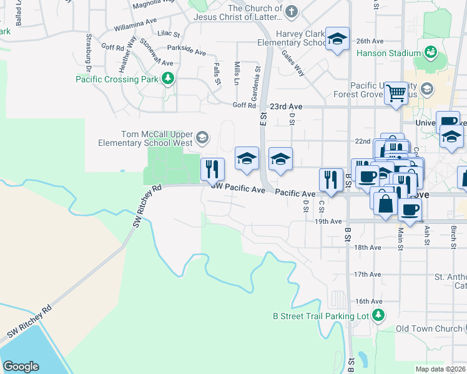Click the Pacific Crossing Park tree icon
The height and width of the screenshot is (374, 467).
tap(167, 79)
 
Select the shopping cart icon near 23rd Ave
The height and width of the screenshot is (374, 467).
tap(396, 94)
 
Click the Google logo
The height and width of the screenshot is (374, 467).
tap(21, 366)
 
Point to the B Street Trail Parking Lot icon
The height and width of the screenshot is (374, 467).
tap(378, 315)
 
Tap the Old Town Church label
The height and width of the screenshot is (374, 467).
tap(430, 328)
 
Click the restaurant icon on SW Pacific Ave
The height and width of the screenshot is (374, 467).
tap(212, 169)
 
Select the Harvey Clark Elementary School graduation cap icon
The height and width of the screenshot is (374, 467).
tap(337, 41)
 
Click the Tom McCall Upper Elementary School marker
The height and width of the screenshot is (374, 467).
tap(202, 137)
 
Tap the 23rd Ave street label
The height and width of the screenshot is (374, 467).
tap(288, 107)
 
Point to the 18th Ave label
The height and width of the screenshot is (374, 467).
tap(368, 247)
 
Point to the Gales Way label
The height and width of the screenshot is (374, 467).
tap(293, 63)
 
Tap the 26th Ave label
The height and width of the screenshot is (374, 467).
tap(368, 41)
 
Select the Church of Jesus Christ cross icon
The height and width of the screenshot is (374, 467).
tap(291, 11)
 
